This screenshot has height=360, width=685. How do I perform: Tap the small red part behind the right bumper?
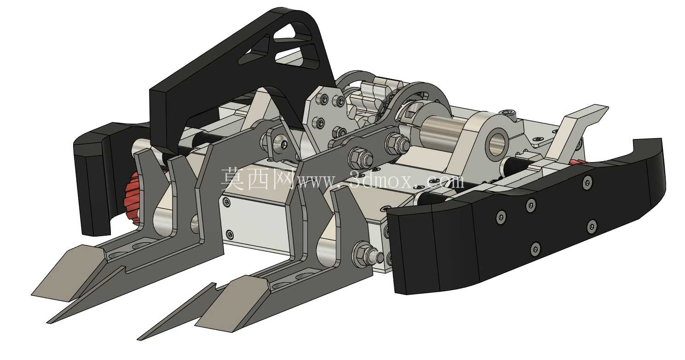click(577, 162)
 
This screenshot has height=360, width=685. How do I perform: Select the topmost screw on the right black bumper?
click(587, 182)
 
